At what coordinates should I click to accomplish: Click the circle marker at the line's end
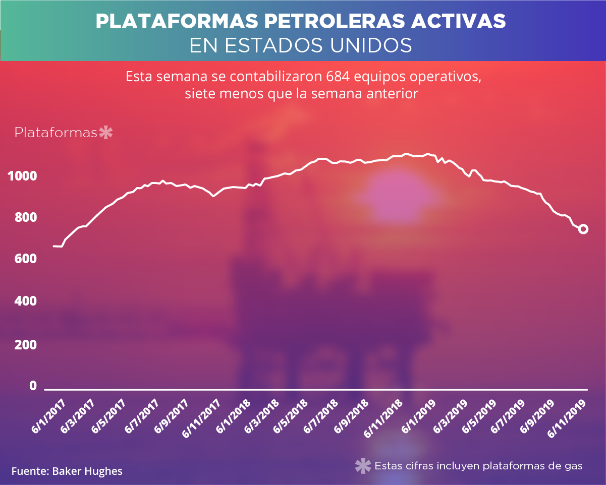click(583, 229)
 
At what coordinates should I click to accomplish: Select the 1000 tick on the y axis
click(22, 176)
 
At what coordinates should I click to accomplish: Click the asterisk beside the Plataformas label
click(106, 133)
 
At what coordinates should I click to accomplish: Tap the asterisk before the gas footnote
click(362, 466)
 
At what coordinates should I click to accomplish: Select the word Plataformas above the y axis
click(56, 133)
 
